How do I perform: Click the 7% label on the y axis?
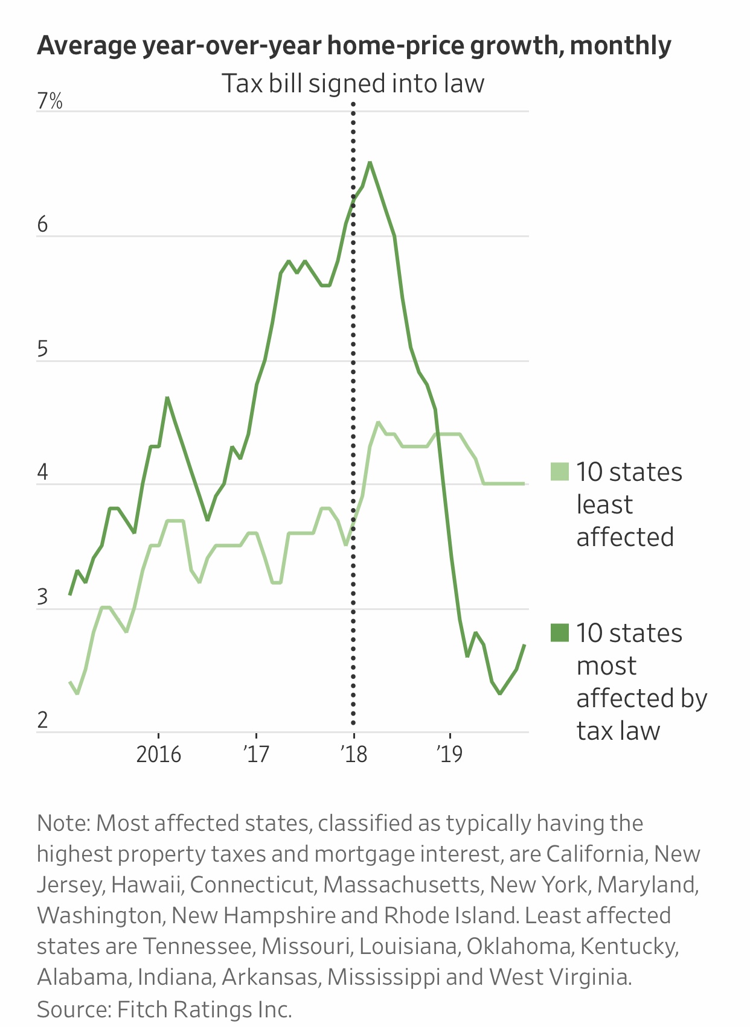[50, 101]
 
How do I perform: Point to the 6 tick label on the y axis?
[42, 225]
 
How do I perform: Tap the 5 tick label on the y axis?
[42, 350]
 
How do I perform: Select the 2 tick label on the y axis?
[42, 720]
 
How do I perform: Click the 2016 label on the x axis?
[158, 754]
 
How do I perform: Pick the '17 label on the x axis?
[256, 754]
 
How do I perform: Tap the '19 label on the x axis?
[449, 754]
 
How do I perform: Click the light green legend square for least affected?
[560, 472]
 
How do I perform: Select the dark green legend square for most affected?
[560, 633]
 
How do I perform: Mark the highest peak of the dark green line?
[370, 162]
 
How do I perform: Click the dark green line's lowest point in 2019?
[500, 694]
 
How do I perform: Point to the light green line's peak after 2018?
[378, 422]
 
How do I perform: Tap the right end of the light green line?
[524, 483]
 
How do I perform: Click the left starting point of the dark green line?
[70, 595]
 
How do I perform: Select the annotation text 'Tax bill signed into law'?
[353, 83]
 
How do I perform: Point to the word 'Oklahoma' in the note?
[519, 946]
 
